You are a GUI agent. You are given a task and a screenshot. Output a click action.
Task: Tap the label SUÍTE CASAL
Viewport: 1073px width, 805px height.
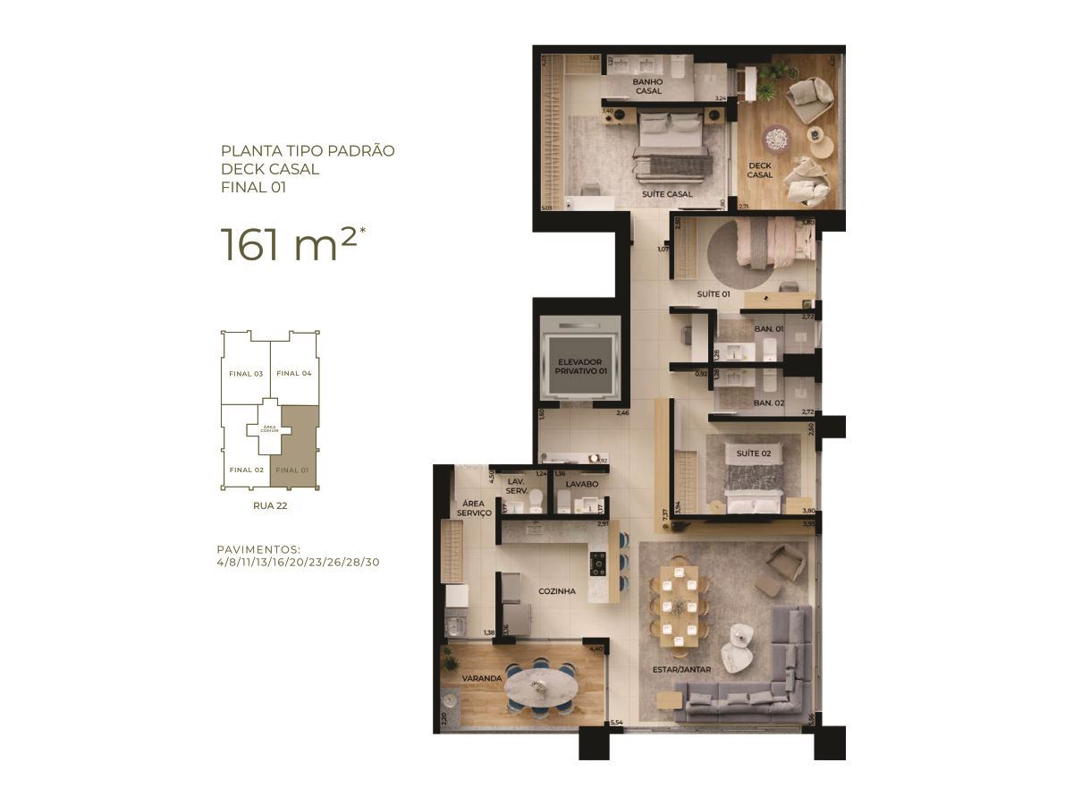click(667, 194)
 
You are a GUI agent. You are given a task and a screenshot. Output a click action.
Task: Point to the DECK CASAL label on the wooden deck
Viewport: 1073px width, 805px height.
click(760, 170)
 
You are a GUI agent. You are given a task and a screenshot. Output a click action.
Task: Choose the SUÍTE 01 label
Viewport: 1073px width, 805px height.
click(714, 294)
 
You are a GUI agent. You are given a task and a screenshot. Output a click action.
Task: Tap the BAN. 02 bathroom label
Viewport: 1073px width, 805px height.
click(768, 403)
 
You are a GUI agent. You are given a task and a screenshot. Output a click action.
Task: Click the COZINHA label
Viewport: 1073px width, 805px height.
click(557, 591)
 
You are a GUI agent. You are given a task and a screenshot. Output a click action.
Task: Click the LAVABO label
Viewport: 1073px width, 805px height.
click(569, 484)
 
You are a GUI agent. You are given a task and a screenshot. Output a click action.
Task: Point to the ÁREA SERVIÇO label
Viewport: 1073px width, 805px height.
click(474, 508)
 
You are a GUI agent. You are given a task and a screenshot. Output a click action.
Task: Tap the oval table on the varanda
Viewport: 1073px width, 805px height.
click(540, 688)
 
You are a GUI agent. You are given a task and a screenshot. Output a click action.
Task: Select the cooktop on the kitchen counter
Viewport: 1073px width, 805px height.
click(596, 563)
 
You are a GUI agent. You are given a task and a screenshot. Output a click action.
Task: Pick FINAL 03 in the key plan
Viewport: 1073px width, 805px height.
click(246, 373)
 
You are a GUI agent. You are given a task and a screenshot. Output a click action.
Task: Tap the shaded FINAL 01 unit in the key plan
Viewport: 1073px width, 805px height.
click(295, 447)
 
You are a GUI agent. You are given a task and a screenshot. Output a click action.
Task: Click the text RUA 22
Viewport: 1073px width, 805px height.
click(270, 505)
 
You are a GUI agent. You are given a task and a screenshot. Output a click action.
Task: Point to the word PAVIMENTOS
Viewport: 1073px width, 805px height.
click(258, 548)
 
